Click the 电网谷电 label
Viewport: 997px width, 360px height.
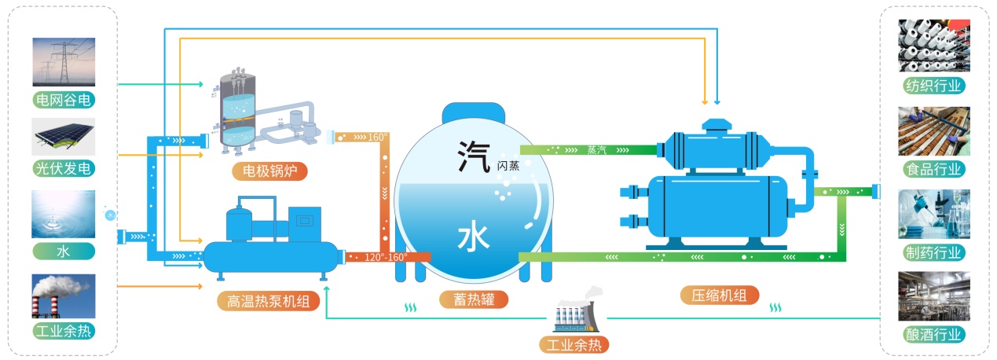tap(64, 100)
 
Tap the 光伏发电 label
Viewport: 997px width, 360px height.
tap(64, 168)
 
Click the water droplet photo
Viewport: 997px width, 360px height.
tap(64, 213)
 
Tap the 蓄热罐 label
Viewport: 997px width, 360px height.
tap(471, 299)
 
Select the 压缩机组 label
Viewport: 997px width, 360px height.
tap(720, 295)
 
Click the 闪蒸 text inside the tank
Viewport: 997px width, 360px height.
tap(508, 166)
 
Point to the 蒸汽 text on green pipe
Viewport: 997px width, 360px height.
tap(597, 149)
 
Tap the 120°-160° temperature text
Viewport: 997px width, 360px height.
tap(386, 257)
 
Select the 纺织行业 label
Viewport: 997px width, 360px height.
tap(933, 85)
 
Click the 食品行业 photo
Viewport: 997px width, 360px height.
tap(933, 130)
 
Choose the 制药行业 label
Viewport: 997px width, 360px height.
tap(933, 252)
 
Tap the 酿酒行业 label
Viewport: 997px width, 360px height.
tap(933, 334)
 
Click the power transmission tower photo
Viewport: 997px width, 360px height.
tap(64, 62)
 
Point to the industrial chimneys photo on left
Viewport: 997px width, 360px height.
tap(64, 296)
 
